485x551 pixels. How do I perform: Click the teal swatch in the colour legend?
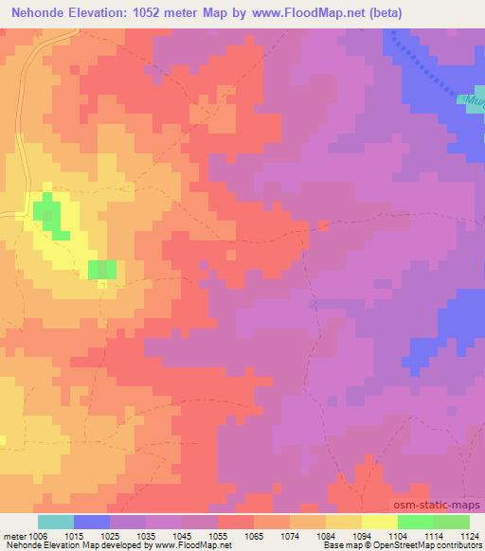pos(56,522)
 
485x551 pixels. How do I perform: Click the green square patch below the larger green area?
pos(102,269)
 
